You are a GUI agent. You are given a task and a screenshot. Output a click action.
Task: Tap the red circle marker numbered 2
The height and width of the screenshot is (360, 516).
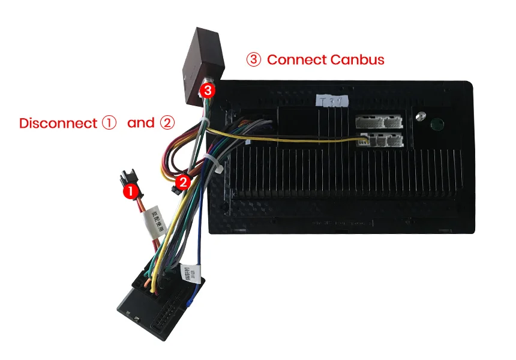pyautogui.click(x=185, y=180)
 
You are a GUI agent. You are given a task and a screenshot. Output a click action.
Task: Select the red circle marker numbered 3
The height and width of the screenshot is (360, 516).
pyautogui.click(x=207, y=91)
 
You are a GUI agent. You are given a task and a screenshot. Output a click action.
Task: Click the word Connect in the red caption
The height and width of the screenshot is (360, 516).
pyautogui.click(x=296, y=60)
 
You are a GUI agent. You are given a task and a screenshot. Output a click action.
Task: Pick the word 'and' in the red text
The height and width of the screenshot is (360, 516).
pyautogui.click(x=141, y=123)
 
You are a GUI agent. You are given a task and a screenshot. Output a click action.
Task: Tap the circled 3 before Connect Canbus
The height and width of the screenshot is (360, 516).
pyautogui.click(x=254, y=60)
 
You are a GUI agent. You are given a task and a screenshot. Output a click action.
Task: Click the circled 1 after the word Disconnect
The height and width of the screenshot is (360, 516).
pyautogui.click(x=108, y=123)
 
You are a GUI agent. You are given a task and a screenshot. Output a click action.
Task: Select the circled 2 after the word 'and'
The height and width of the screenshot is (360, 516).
pyautogui.click(x=167, y=123)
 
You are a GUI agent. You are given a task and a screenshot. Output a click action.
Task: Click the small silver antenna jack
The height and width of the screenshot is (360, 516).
pyautogui.click(x=420, y=115)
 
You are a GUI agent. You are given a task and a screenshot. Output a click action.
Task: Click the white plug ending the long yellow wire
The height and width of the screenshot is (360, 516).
pyautogui.click(x=364, y=142)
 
